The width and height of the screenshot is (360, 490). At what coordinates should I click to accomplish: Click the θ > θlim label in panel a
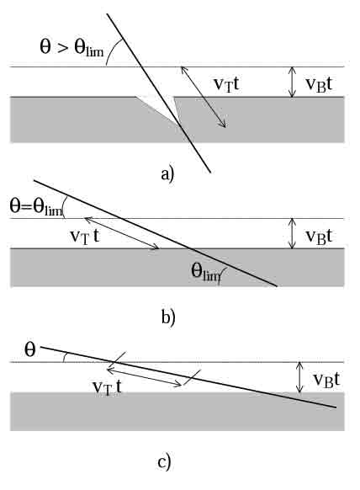71,49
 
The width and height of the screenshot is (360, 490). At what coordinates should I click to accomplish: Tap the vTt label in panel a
226,84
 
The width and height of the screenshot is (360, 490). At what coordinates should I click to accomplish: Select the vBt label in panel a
319,84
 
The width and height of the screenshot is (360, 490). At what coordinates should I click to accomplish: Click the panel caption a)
167,173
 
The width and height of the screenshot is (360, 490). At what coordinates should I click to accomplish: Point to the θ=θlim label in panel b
36,207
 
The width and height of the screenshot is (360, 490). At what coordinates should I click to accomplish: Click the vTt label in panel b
84,237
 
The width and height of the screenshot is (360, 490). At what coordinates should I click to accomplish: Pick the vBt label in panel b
319,237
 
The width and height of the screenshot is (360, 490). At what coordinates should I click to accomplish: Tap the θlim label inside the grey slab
206,271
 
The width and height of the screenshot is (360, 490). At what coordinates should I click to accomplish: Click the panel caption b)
168,317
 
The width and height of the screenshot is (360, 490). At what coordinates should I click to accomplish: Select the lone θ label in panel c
30,350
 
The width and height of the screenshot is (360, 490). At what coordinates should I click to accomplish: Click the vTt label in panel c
107,388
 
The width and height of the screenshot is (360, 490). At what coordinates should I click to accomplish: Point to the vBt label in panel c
327,381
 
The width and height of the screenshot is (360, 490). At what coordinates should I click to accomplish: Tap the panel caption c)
165,462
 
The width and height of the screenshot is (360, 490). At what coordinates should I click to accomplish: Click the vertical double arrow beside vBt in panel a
292,82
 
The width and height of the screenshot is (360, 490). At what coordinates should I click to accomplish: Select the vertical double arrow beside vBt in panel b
292,233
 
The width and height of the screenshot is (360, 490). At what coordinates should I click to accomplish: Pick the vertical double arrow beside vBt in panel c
299,377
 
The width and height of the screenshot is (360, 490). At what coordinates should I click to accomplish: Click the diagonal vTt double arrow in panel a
204,97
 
